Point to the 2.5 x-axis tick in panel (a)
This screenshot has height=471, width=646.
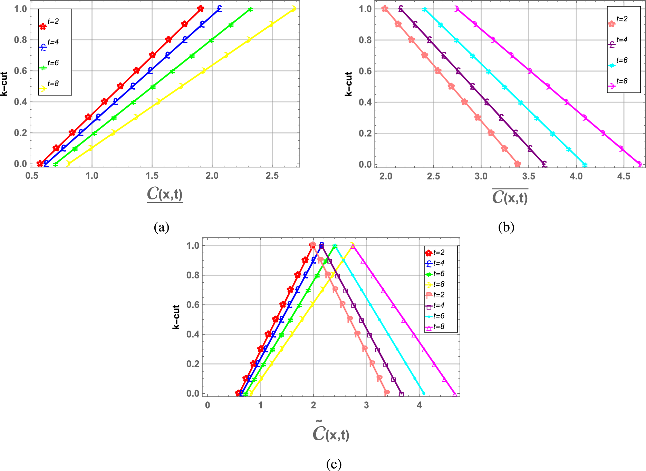click(x=272, y=176)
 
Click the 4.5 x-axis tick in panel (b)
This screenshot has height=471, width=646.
click(x=624, y=177)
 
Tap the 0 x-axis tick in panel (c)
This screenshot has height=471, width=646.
click(x=207, y=405)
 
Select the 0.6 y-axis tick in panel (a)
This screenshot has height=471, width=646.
click(x=20, y=71)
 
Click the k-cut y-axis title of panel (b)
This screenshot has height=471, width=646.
click(x=349, y=84)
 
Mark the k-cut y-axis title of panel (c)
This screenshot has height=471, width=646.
click(x=176, y=317)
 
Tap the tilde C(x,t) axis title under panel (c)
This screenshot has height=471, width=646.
click(x=331, y=433)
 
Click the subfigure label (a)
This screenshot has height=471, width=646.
click(x=162, y=227)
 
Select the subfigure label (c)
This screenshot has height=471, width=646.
click(x=334, y=464)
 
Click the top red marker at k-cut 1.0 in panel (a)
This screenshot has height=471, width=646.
click(x=201, y=9)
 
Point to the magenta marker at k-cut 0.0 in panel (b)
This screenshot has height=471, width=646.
click(x=639, y=164)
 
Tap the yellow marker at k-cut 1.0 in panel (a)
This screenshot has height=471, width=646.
click(x=293, y=9)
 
